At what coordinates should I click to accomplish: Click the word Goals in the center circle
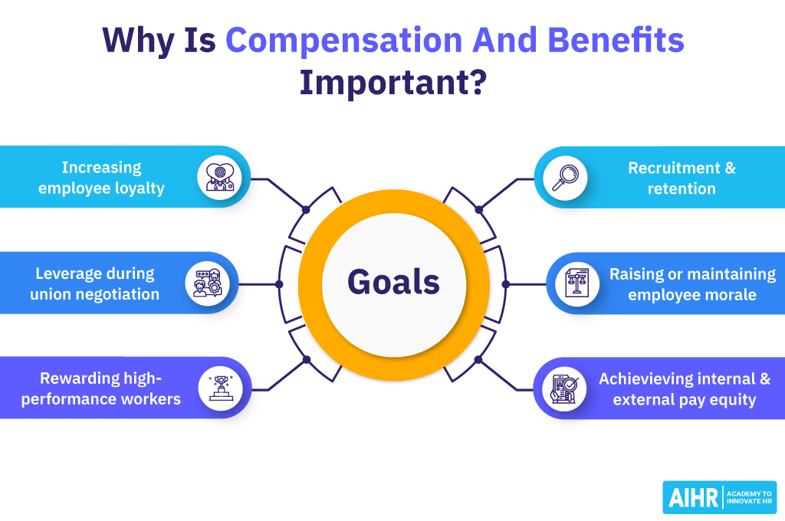click(393, 282)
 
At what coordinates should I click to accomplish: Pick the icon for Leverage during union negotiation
click(207, 283)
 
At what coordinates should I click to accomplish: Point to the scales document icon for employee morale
click(572, 283)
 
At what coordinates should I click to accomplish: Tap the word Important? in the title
click(392, 83)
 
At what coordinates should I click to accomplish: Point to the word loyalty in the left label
click(137, 188)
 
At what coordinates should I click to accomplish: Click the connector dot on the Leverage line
click(279, 283)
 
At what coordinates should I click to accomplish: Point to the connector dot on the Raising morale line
click(505, 283)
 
